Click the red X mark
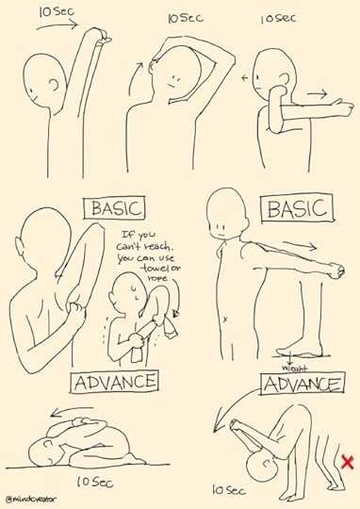pos(348,462)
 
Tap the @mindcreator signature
pos(31,499)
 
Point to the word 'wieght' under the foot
pos(294,369)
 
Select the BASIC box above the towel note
pos(114,208)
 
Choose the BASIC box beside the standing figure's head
pos(297,207)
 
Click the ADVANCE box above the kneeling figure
pos(115,382)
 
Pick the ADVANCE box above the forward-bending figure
pos(303,384)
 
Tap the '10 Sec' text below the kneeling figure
pos(95,482)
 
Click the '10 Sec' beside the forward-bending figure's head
pos(229,489)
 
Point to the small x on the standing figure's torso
pos(225,320)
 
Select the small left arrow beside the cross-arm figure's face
pos(245,78)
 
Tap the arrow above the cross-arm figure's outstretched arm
pos(317,94)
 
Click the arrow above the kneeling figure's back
pos(72,410)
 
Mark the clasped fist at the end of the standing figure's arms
pos(336,271)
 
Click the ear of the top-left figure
pos(55,85)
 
